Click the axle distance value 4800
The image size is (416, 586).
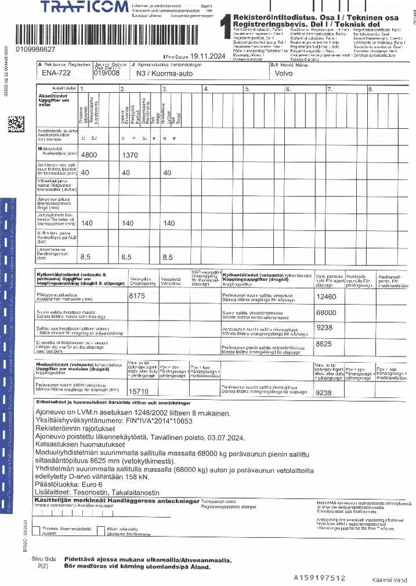pos(89,154)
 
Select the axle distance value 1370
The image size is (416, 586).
pos(131,154)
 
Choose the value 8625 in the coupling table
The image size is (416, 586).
pos(325,344)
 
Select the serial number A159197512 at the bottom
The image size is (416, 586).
pos(320,577)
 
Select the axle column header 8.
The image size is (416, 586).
pos(370,89)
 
